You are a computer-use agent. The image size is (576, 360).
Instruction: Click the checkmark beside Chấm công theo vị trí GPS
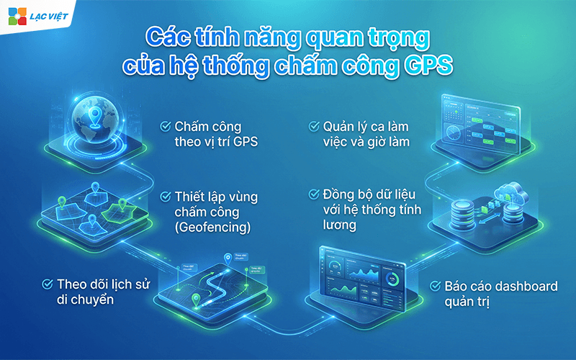click(165, 126)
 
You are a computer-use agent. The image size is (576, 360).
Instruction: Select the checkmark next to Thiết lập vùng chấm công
click(165, 196)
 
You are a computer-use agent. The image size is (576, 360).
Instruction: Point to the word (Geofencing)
click(212, 228)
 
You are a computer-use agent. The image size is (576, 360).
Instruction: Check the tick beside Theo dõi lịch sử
click(48, 284)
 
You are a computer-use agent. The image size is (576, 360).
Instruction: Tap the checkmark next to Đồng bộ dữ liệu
click(313, 194)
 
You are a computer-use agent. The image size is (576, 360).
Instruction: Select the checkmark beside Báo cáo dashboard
click(436, 286)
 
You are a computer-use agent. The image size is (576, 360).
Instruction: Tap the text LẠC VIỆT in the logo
click(48, 16)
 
